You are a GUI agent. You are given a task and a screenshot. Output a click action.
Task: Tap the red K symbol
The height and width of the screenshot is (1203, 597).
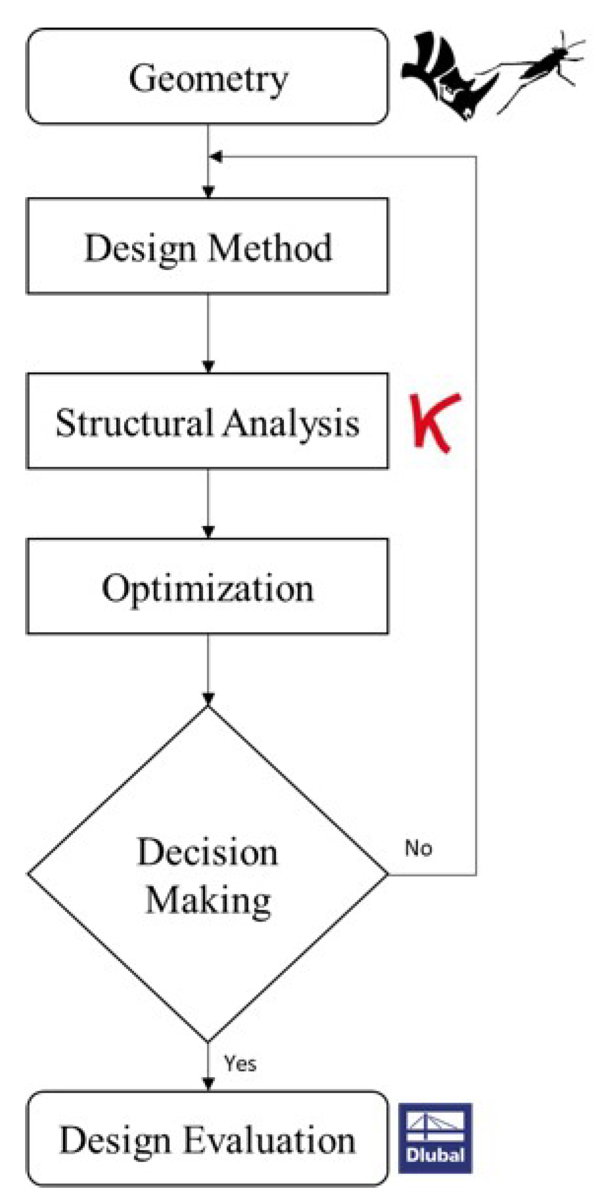(435, 422)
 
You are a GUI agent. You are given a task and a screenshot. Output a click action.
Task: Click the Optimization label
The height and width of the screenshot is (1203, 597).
(207, 588)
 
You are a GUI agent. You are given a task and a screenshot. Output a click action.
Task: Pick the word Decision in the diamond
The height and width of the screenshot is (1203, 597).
(207, 853)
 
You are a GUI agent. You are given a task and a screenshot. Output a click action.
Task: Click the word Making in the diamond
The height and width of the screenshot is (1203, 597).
(208, 901)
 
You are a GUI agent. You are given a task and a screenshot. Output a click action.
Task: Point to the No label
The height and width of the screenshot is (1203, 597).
(418, 848)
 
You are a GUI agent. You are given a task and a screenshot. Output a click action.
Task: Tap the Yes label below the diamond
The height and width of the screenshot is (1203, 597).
(240, 1064)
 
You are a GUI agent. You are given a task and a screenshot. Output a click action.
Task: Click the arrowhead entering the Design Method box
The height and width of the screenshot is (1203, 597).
(208, 191)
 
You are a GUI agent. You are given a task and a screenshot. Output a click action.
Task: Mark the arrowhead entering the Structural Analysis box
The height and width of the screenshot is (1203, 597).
(208, 367)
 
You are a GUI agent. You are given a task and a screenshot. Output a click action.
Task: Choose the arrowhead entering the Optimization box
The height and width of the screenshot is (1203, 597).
(208, 532)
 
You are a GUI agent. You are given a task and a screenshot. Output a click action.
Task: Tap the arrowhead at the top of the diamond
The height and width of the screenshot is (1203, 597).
(208, 699)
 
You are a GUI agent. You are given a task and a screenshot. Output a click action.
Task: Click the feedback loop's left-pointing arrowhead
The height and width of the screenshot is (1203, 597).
(216, 157)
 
